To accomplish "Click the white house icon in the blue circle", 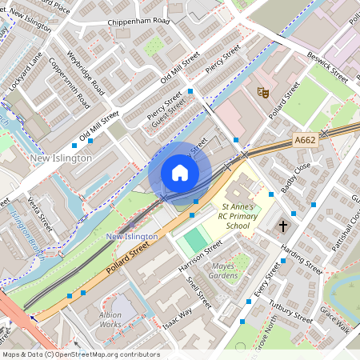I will [180, 172].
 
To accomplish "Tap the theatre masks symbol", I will [262, 93].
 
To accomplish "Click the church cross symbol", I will [282, 227].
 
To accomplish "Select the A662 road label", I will [305, 140].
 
